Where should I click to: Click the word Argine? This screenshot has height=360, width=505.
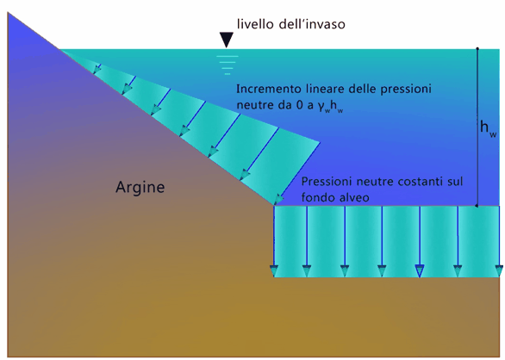coord(140,188)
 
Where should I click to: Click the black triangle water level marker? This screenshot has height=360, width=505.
coord(227,40)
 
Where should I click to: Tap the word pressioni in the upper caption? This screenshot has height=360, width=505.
coord(406,90)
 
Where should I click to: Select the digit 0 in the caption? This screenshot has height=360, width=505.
coord(300,105)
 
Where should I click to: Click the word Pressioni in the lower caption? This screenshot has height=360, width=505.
coord(326,182)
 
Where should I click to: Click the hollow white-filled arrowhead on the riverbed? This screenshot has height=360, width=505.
coord(420,270)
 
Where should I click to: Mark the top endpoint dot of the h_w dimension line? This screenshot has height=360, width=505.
coord(477,48)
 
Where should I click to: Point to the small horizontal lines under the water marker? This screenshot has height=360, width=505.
coord(228,65)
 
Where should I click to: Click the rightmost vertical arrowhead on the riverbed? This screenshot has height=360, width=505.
coord(499,270)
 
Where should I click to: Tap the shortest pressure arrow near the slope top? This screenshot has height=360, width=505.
coord(97,69)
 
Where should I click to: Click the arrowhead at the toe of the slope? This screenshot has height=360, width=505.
coord(278,199)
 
